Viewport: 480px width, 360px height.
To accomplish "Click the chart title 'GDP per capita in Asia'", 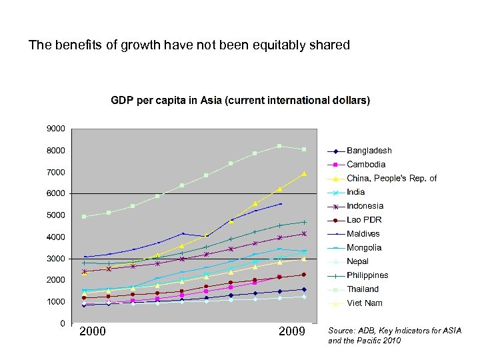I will point(240,101).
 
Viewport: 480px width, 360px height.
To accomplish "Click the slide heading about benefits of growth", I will point(189,45).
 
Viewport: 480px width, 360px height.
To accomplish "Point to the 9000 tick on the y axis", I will point(55,128).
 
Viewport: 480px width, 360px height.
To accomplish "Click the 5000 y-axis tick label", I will point(55,215).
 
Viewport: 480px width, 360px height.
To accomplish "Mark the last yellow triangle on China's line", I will point(304,174).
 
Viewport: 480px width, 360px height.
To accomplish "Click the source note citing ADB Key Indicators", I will point(394,335).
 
